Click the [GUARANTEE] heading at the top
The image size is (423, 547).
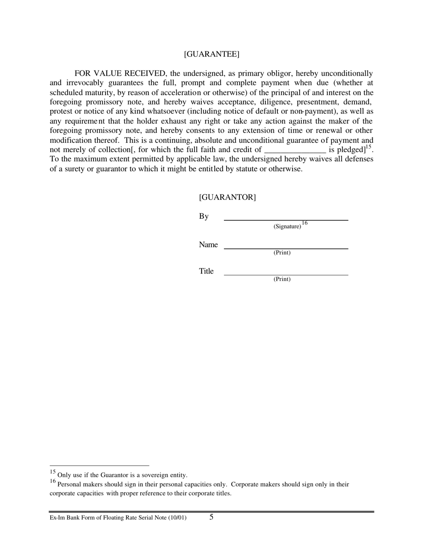211,54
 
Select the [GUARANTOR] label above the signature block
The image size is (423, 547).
227,197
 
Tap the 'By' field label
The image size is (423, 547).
203,217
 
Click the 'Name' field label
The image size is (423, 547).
208,245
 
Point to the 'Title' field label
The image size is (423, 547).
206,271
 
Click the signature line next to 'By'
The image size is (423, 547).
285,220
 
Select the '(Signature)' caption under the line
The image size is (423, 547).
287,226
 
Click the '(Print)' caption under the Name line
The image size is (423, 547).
282,253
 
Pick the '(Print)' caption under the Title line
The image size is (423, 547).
282,279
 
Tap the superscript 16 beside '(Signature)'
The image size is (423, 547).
305,223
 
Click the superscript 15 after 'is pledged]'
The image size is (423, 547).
368,147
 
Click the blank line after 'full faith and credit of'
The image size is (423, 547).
295,150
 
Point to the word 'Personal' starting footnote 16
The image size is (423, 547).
70,484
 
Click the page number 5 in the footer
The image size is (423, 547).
211,517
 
